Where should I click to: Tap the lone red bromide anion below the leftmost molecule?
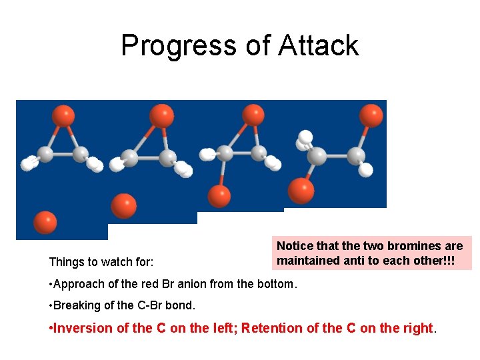[45, 222]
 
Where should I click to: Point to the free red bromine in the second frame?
[123, 205]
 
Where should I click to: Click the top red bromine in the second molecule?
[161, 115]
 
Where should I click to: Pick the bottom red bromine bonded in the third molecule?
[219, 196]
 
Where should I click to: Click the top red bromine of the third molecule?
[253, 115]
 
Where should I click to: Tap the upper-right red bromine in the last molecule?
[371, 115]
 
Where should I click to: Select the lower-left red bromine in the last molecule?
[301, 191]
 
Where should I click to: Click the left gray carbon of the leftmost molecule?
[45, 154]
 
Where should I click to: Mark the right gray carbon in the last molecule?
[356, 157]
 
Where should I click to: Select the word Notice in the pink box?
[294, 246]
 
